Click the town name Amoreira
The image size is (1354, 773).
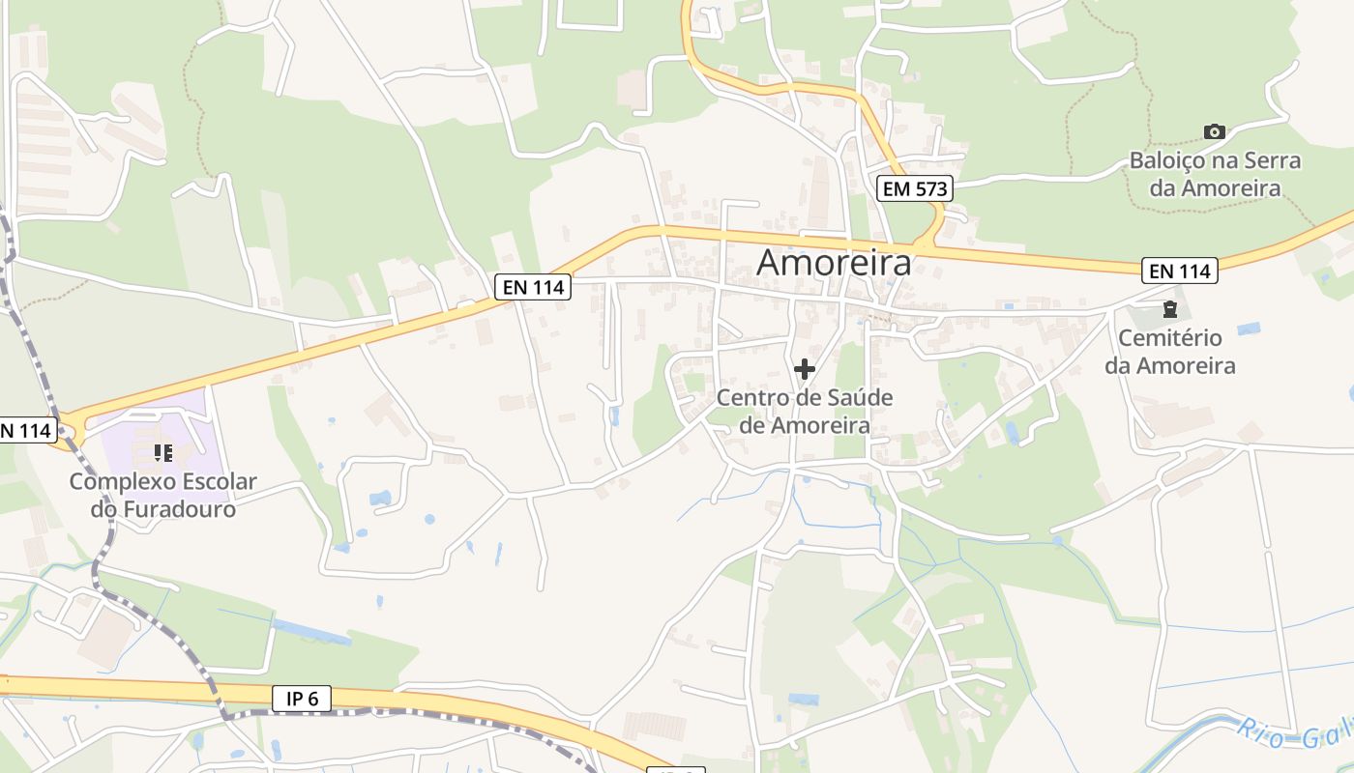coord(834,262)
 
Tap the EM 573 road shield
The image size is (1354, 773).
coord(915,188)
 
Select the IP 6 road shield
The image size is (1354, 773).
coord(302,699)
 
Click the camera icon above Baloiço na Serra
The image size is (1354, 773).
coord(1215,131)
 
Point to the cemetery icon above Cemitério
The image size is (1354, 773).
coord(1170,310)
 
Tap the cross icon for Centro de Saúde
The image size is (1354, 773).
coord(805,368)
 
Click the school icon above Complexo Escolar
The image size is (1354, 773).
coord(162,452)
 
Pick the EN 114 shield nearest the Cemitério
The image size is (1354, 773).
coord(1179,272)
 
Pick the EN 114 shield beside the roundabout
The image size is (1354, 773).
coord(23,430)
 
